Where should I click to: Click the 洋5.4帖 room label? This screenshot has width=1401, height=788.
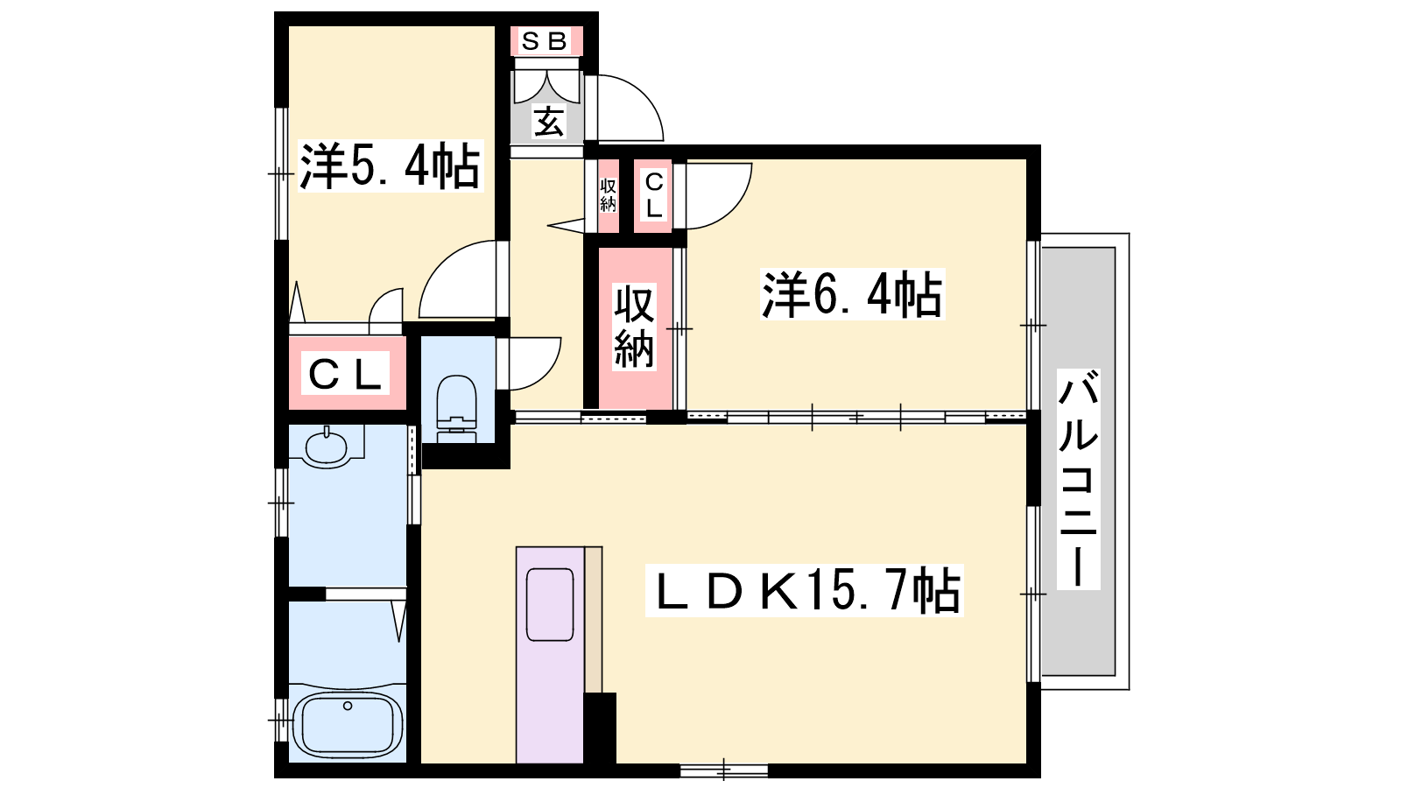click(x=391, y=165)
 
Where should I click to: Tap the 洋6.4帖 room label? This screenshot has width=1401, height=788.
click(x=852, y=294)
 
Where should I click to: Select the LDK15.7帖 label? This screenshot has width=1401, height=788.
click(x=805, y=590)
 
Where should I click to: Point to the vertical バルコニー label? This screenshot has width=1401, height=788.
click(x=1078, y=479)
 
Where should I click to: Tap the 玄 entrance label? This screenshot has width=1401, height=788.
click(x=548, y=122)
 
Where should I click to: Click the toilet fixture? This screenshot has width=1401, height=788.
click(x=456, y=409)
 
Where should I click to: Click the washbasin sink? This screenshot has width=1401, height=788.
click(x=326, y=447)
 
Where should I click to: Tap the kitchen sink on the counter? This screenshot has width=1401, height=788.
click(x=550, y=605)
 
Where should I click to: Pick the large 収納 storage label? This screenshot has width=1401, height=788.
click(x=634, y=327)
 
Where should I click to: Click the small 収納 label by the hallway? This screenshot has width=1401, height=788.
click(x=608, y=195)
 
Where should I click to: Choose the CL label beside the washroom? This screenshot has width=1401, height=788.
click(x=345, y=373)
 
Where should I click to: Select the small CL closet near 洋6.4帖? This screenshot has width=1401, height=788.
click(x=653, y=196)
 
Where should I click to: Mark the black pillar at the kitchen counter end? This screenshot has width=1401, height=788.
click(x=600, y=728)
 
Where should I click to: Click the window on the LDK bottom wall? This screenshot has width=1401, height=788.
click(x=723, y=770)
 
